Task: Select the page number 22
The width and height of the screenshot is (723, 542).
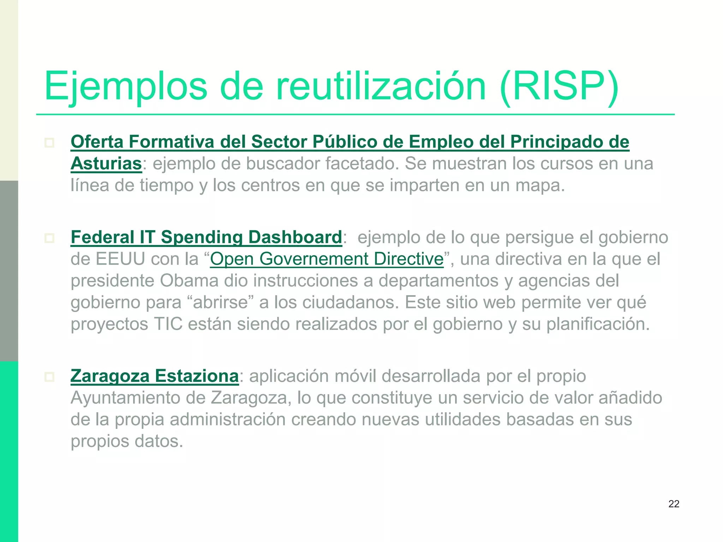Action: tap(674, 504)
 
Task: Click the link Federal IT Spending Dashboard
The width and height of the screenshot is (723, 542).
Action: tap(206, 237)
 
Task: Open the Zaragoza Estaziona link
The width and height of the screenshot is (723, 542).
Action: tap(155, 376)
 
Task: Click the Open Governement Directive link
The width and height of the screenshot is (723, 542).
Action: tap(327, 259)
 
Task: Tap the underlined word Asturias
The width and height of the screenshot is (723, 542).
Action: tap(106, 164)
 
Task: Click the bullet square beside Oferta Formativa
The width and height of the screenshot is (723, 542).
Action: tap(49, 143)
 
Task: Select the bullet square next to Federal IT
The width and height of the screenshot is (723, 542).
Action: tap(49, 238)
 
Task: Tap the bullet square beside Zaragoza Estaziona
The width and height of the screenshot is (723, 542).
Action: tap(49, 377)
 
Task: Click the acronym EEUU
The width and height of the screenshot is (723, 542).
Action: tap(120, 259)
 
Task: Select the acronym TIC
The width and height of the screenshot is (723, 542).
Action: tap(168, 324)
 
